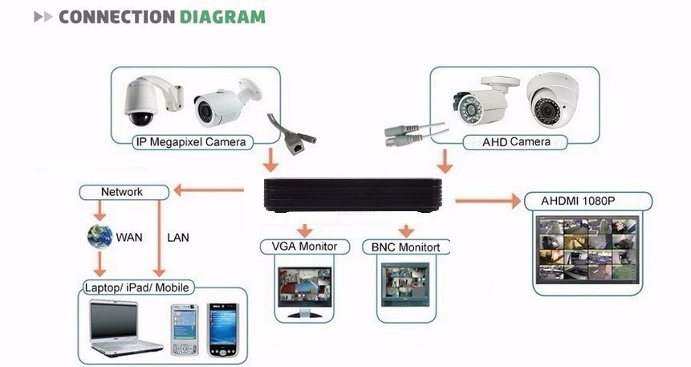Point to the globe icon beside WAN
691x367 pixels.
[100, 237]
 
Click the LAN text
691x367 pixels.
[177, 238]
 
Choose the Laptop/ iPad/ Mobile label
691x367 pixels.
[140, 287]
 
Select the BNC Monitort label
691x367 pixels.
[406, 246]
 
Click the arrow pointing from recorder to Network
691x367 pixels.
[209, 190]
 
